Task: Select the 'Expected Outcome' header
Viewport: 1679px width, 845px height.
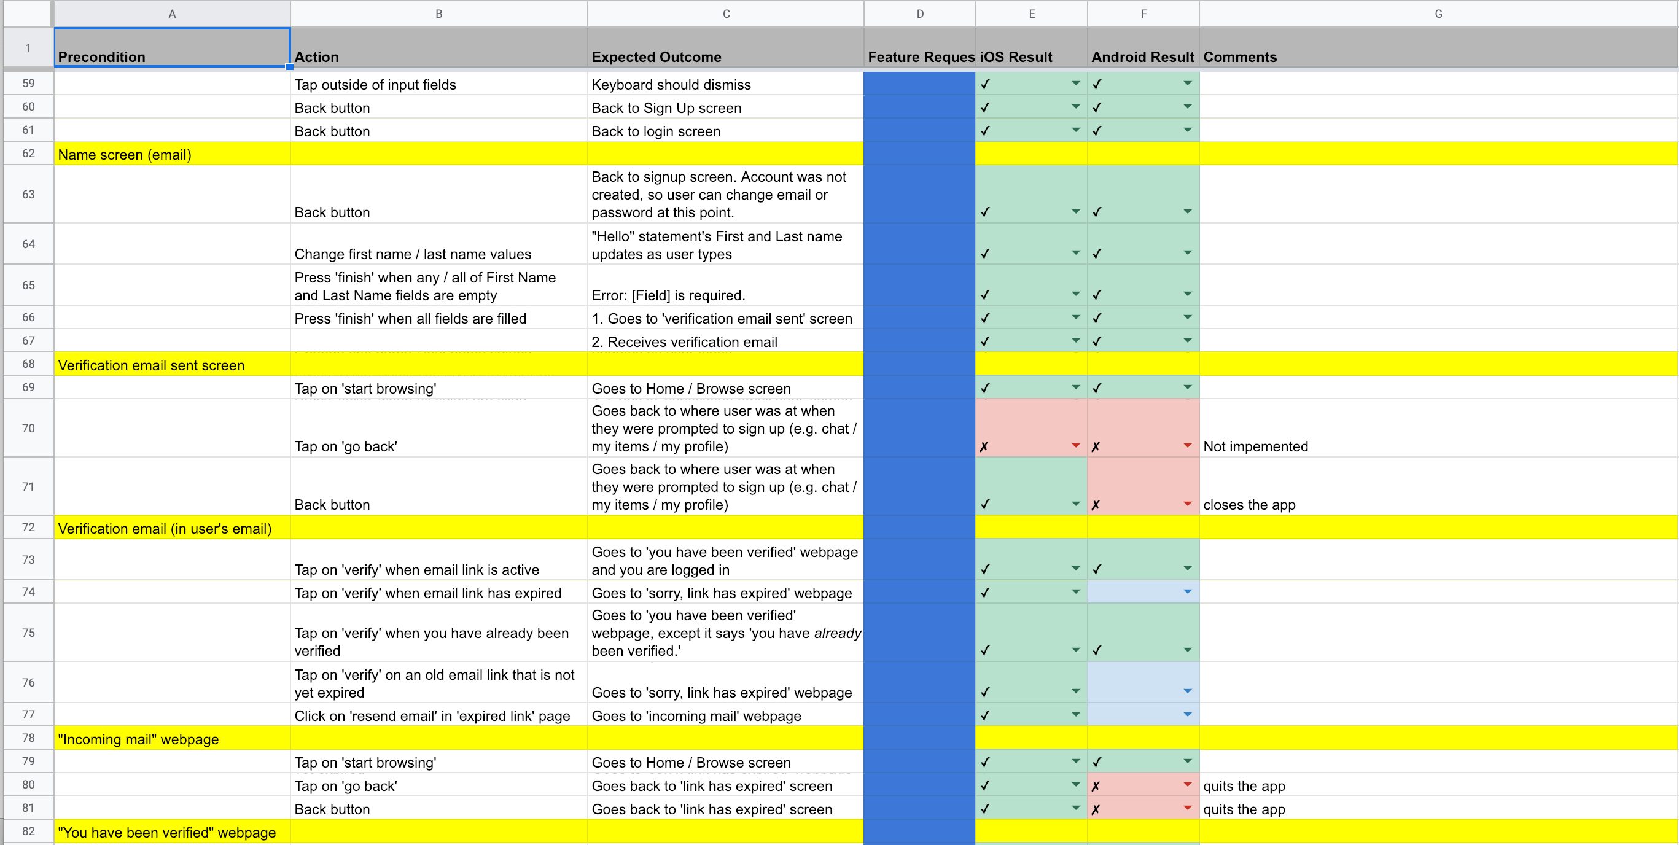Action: (656, 57)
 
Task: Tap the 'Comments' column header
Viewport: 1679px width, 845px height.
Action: (1239, 57)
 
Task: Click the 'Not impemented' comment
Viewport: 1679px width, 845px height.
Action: (1255, 446)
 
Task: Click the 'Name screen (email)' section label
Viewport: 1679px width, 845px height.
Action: (125, 155)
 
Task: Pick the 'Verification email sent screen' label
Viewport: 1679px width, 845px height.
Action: (150, 365)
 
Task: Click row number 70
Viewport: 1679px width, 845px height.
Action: (28, 429)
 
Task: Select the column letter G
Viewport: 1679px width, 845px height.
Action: (1437, 14)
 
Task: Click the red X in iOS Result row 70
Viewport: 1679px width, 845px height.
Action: (984, 446)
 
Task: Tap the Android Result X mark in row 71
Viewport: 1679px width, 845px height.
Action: (1096, 505)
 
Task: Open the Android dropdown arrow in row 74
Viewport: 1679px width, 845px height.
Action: (1187, 592)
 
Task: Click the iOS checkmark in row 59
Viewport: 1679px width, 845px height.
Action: (985, 84)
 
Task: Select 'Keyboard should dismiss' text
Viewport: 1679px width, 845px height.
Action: (671, 85)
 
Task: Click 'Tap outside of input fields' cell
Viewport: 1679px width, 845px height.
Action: (375, 85)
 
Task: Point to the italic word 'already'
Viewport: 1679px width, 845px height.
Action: (837, 633)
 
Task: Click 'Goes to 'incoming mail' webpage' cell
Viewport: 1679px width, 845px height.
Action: (696, 716)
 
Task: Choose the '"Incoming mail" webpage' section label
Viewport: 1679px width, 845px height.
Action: (138, 739)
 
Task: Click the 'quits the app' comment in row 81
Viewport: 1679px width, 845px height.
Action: (1244, 809)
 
